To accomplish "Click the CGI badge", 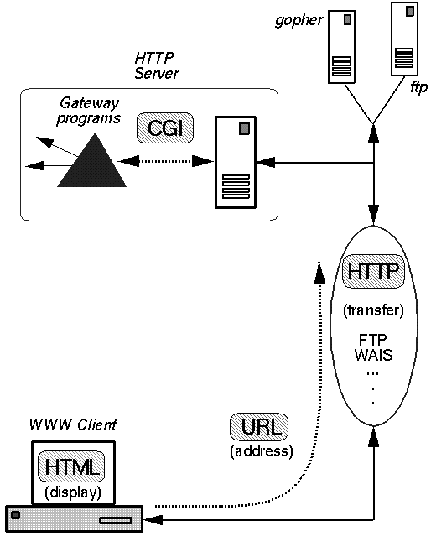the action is tap(165, 128).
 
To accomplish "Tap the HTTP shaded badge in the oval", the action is tap(373, 272).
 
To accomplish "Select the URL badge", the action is tap(259, 427).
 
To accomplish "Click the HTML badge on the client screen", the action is tap(71, 466).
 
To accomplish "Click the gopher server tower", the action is tap(341, 47).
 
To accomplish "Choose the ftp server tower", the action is tap(405, 39).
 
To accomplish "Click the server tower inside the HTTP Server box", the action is tap(236, 162).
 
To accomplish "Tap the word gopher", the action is tap(299, 20).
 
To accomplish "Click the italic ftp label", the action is tap(418, 87).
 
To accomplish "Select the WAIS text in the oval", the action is tap(373, 355).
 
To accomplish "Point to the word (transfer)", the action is tap(373, 310).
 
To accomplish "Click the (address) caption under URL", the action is tap(262, 451).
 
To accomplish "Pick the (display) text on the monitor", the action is tap(73, 492).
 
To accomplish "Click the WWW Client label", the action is tap(73, 425).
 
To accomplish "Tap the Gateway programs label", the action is tap(89, 111).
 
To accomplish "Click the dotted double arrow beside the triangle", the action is tap(165, 162).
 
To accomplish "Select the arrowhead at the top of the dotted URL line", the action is tap(319, 272).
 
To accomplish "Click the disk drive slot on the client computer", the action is tap(116, 520).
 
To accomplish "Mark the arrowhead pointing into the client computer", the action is tap(153, 519).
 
